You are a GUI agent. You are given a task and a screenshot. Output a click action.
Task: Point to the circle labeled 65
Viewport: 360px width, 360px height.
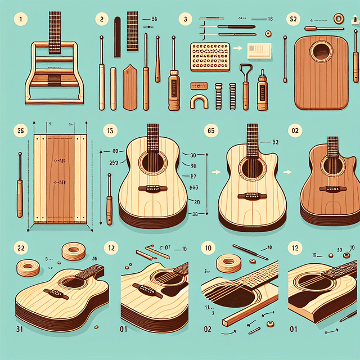coord(211,130)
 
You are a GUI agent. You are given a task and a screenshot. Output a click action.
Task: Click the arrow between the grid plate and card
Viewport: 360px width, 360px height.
coord(237,49)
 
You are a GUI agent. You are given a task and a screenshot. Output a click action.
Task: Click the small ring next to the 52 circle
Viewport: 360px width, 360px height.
coord(338,19)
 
